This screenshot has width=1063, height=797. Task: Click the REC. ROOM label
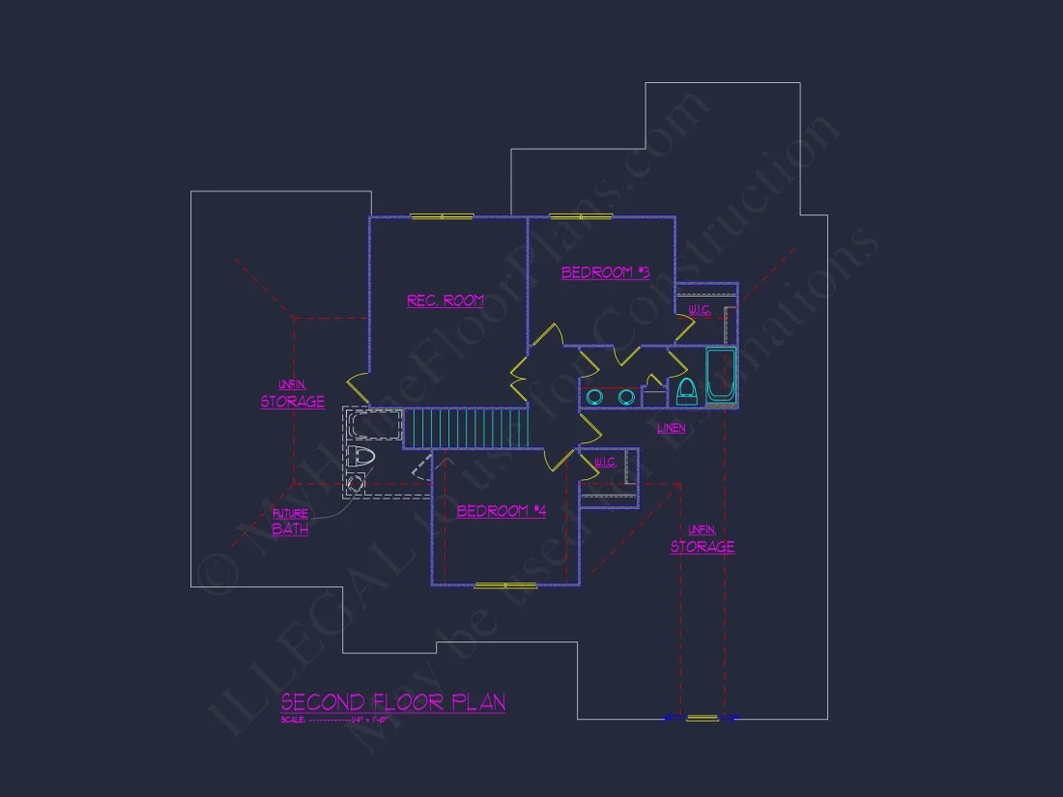445,301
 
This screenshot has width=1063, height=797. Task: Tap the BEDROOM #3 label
605,273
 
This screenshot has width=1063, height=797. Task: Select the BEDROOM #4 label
501,511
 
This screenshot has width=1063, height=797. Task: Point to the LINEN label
671,428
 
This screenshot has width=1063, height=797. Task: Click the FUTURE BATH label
290,523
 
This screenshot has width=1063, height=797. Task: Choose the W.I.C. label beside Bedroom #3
699,310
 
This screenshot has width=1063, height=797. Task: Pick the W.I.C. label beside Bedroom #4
606,463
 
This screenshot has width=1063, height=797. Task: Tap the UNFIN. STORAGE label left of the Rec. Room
292,395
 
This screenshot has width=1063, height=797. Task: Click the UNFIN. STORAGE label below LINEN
703,540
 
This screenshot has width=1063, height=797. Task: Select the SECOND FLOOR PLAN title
392,702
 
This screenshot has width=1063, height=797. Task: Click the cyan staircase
466,428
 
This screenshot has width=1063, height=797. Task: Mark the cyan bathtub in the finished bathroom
720,376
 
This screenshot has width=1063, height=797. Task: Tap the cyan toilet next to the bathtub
686,390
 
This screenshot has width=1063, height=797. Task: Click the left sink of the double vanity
596,396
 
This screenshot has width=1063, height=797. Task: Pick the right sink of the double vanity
625,396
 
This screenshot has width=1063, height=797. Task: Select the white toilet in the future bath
360,456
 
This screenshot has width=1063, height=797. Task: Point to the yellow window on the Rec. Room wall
442,216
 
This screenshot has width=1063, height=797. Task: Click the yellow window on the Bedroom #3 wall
577,216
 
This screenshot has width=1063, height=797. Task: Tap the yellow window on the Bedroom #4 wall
505,585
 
